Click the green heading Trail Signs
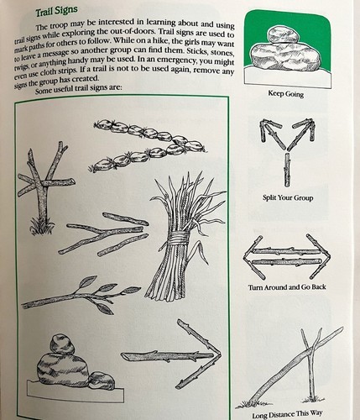tap(56, 12)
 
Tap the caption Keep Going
tap(286, 93)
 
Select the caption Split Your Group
tap(288, 197)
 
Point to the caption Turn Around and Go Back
tap(287, 287)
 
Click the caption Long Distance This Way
tap(287, 414)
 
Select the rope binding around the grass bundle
tap(178, 239)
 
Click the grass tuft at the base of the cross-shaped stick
tap(41, 223)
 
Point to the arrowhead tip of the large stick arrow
tap(221, 355)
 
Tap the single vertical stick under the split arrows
tap(287, 170)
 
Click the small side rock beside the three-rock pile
tap(102, 381)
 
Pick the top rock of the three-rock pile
tap(62, 344)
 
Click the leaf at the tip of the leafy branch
tap(132, 290)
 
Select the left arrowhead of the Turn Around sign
tap(253, 258)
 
